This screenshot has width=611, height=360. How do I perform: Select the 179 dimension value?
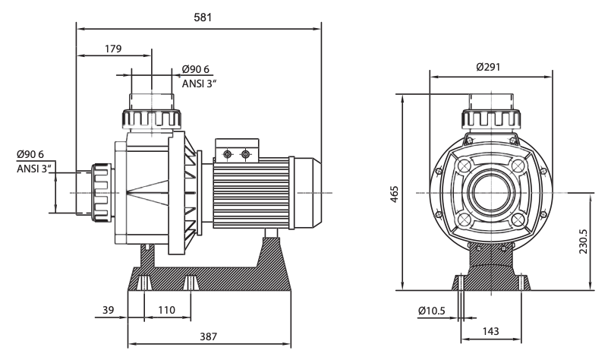tap(113, 49)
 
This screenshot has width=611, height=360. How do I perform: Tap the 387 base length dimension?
tap(209, 334)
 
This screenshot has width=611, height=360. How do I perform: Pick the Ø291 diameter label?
tap(488, 66)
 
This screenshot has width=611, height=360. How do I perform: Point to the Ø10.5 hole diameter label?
tap(432, 311)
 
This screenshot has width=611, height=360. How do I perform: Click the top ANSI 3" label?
tap(200, 83)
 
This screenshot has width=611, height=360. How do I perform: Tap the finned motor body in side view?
tap(250, 194)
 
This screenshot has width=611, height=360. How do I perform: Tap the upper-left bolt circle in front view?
tap(462, 166)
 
